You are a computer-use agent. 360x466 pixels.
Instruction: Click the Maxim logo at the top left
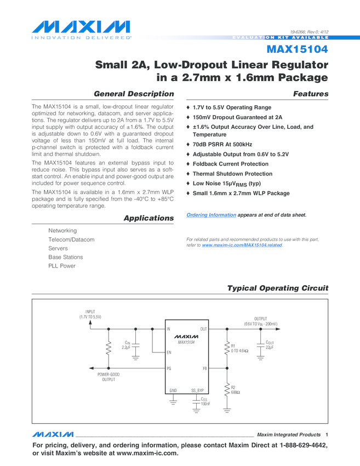tap(81, 28)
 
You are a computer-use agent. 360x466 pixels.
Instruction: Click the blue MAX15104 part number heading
tap(297, 50)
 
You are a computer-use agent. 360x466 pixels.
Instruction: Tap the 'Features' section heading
tap(311, 94)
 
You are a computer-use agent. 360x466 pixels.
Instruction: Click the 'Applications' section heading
tap(148, 218)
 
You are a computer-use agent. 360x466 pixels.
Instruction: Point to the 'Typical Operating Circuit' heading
tap(277, 288)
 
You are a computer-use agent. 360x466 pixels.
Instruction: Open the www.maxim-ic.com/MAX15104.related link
tap(242, 245)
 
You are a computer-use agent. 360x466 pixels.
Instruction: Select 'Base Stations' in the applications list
tap(66, 257)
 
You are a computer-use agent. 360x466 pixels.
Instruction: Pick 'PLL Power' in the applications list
tap(62, 266)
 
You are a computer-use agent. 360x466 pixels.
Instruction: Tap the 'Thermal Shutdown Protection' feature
tap(232, 174)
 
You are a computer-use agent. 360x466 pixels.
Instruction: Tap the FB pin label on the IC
tap(204, 368)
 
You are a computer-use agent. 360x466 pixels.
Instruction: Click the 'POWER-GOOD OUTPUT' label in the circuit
tap(108, 377)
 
